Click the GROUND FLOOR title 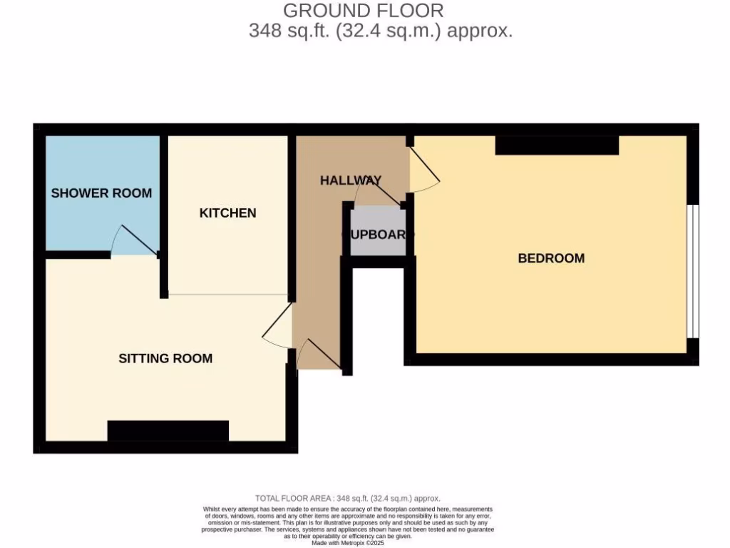tap(363, 11)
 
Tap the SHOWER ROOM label tap(101, 193)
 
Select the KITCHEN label tap(227, 213)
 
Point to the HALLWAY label tap(350, 181)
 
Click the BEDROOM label tap(551, 258)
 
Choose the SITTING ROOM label tap(165, 358)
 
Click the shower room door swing tap(132, 241)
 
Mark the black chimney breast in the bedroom tap(557, 145)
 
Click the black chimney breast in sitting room tap(168, 430)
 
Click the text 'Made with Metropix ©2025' tap(348, 543)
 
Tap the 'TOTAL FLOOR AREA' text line tap(348, 498)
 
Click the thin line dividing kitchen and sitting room tap(227, 294)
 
